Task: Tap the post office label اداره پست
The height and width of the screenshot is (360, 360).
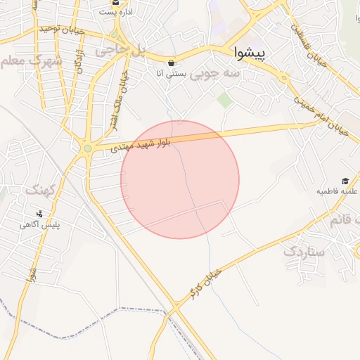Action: (x=115, y=12)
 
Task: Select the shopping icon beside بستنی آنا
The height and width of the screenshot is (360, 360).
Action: (x=171, y=62)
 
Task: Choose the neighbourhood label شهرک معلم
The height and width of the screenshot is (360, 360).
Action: (x=31, y=61)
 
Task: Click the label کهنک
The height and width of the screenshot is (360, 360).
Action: (x=39, y=190)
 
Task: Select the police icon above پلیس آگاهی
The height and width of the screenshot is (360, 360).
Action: (x=39, y=213)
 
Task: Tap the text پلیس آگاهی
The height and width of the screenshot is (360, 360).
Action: (x=39, y=224)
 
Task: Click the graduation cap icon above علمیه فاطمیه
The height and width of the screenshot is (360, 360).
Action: (x=345, y=181)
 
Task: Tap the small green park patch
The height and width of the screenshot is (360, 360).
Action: (x=224, y=100)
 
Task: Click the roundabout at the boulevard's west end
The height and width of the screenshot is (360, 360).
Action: (x=87, y=148)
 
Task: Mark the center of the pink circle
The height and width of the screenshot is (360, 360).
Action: (x=180, y=179)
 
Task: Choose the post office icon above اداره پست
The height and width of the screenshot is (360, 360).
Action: (x=115, y=1)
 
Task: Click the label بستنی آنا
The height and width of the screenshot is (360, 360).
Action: (x=171, y=72)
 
